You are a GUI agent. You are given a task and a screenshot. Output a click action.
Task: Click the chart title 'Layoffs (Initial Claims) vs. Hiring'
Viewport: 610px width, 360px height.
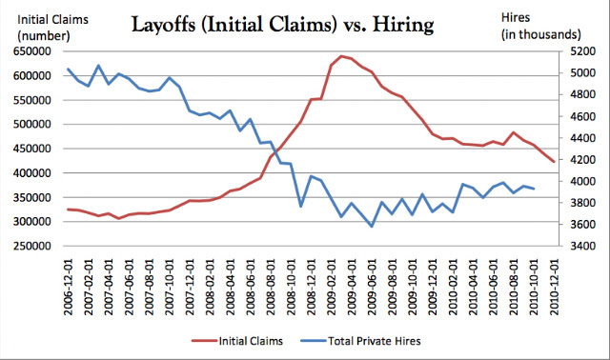click(283, 26)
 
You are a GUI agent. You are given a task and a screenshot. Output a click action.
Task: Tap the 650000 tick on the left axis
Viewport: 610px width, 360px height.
click(32, 51)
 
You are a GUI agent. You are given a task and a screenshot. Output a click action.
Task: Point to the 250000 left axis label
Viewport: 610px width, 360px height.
click(32, 246)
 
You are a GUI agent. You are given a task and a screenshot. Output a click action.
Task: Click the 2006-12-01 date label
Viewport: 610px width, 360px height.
click(69, 288)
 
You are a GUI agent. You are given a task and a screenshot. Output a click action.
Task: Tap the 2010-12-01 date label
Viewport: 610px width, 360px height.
click(554, 288)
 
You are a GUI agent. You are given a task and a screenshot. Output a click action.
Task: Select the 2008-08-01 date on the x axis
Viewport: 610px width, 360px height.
click(271, 288)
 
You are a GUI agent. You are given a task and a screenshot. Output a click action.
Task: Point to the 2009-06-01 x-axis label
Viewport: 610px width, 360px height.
click(373, 288)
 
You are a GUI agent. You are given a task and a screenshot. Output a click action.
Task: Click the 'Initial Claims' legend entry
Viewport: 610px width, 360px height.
click(237, 341)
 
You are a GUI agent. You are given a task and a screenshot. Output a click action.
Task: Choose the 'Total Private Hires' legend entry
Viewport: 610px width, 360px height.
click(360, 341)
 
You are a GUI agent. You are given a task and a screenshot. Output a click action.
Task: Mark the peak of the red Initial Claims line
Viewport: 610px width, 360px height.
click(341, 56)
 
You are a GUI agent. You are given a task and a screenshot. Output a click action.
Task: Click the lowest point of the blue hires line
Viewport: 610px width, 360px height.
click(372, 227)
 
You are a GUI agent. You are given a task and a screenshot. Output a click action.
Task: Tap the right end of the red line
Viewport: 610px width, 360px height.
click(554, 162)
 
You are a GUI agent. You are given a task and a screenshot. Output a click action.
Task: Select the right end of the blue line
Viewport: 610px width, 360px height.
click(534, 189)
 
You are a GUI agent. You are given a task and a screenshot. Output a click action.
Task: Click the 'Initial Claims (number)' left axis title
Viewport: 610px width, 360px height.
click(53, 28)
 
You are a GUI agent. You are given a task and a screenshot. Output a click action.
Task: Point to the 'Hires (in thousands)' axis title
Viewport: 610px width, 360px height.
click(540, 26)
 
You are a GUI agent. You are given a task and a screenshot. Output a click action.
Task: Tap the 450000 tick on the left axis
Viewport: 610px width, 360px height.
click(32, 149)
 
